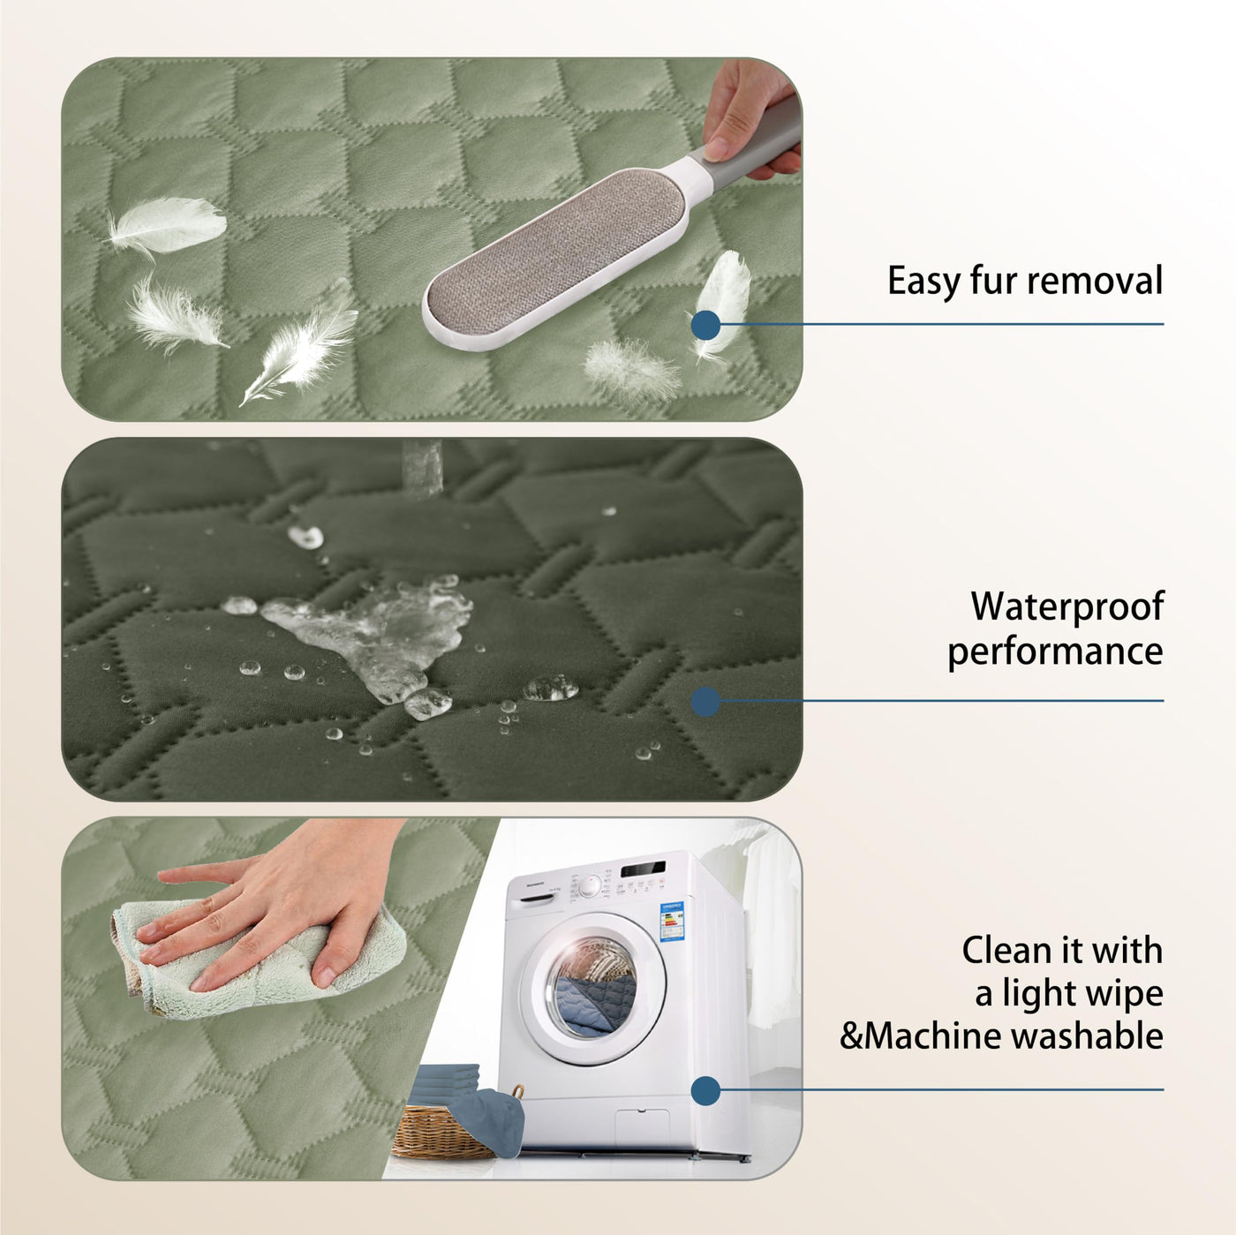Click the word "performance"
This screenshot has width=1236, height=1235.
coord(1055,651)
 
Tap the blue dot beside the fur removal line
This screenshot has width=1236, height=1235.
coord(705,325)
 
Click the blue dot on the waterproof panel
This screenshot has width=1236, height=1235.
coord(705,701)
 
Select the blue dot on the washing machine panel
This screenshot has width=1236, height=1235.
coord(705,1090)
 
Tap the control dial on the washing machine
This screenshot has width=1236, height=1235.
coord(589,886)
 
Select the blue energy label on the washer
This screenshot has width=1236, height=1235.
coord(672,921)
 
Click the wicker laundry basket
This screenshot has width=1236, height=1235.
coord(442,1128)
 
